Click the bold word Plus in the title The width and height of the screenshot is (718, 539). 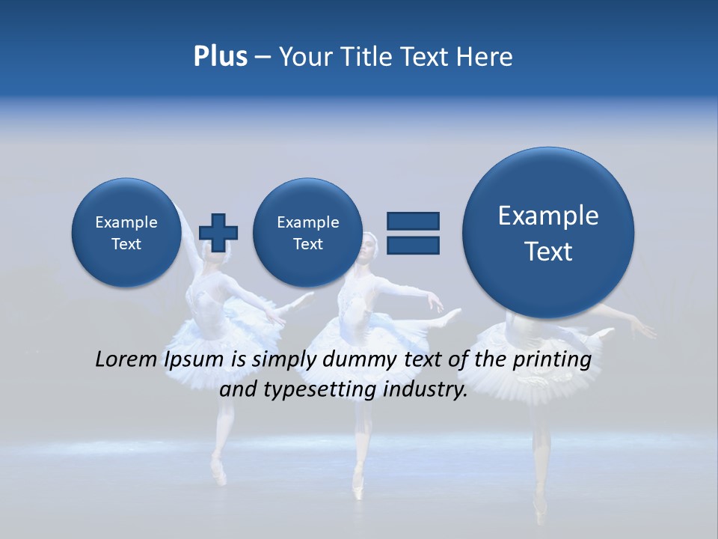220,57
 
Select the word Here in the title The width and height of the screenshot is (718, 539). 485,57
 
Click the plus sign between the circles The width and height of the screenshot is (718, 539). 218,232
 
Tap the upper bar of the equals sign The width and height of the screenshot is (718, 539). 413,221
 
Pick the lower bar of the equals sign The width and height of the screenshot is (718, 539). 413,245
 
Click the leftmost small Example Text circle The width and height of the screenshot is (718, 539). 126,232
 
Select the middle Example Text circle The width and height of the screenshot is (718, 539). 307,232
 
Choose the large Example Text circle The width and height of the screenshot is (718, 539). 548,233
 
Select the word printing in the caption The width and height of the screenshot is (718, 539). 553,360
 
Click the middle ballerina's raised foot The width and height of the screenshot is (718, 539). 452,317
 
